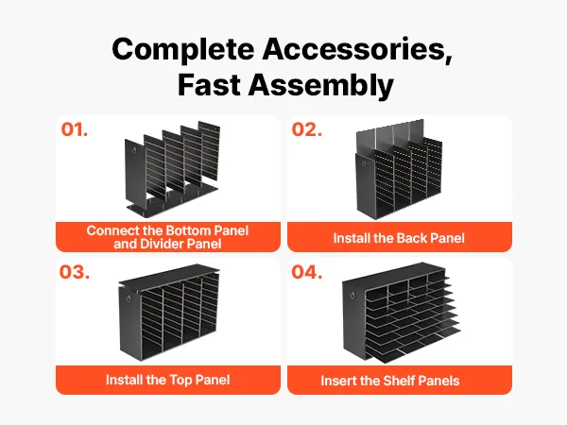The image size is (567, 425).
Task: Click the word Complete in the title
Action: click(183, 50)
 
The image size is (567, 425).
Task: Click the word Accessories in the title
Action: click(357, 48)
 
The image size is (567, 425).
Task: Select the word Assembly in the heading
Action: click(320, 86)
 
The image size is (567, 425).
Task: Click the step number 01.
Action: click(74, 129)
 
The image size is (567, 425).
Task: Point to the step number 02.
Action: click(306, 129)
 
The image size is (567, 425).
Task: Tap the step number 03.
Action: click(75, 272)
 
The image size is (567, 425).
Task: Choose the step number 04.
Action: click(306, 272)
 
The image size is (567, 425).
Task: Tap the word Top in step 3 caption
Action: click(180, 381)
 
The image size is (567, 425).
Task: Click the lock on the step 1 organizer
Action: click(134, 149)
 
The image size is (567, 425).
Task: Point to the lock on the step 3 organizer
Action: click(129, 298)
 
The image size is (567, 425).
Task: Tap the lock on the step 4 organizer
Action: click(352, 296)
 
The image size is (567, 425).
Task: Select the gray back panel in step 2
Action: click(389, 134)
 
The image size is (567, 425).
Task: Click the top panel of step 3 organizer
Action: click(169, 277)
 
